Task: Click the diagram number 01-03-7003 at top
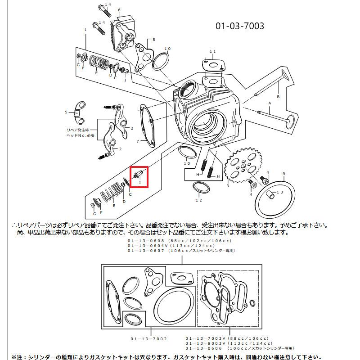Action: [239, 26]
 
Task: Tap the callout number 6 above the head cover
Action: [119, 10]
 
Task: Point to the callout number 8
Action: [153, 40]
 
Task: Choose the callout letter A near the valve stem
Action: [270, 103]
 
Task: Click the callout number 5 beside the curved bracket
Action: [66, 112]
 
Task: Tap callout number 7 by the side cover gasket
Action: [138, 141]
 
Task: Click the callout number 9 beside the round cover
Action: [283, 174]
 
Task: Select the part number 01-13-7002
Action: [149, 338]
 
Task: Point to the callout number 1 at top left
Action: [85, 30]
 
